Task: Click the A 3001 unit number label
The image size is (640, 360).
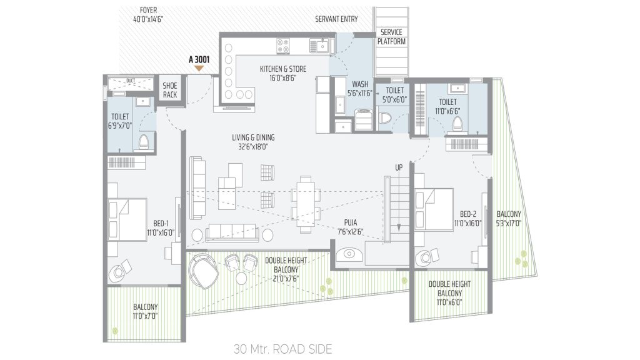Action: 199,59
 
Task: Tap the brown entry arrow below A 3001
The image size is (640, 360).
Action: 199,69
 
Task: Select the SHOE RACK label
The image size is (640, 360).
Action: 170,90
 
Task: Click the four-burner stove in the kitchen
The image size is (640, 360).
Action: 284,46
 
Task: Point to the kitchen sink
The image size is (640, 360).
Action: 321,46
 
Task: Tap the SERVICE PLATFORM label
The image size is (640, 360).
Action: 391,37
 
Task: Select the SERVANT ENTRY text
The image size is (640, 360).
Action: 336,19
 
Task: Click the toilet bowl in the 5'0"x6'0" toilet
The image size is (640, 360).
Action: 385,118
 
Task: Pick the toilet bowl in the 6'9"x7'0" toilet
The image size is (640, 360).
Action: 144,142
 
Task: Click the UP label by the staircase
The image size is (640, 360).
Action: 398,167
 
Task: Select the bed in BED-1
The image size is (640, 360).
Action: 127,219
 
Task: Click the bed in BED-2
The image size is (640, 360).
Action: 434,209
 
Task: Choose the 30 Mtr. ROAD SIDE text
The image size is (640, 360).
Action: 283,349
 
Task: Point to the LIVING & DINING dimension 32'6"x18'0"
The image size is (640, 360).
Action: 253,147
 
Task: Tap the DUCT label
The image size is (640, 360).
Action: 131,81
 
